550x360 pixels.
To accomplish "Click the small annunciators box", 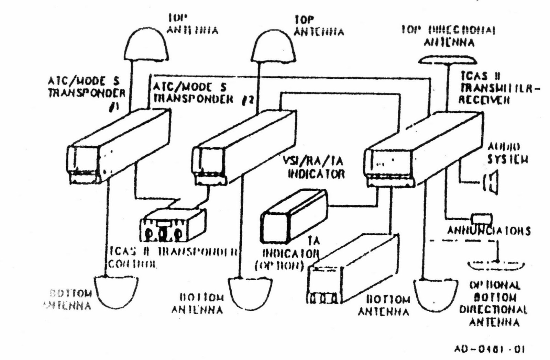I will tap(482, 219).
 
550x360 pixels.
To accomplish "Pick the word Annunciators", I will tap(488, 231).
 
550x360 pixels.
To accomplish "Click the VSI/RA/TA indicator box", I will tap(294, 215).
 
